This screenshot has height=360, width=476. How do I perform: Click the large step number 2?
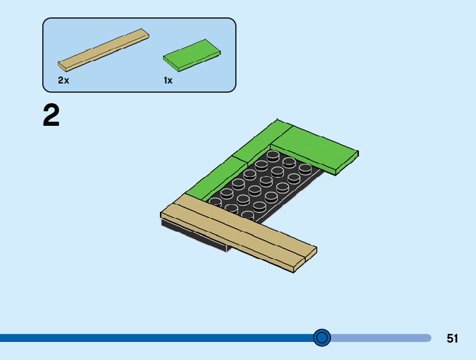(x=51, y=116)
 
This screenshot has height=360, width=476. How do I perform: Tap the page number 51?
(x=452, y=338)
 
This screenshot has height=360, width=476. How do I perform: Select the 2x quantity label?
(x=63, y=80)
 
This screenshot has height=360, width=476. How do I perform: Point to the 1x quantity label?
(x=168, y=80)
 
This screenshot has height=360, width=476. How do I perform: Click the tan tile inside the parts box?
(x=103, y=49)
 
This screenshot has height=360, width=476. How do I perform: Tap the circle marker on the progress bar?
(x=322, y=338)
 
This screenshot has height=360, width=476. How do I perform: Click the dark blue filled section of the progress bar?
(x=156, y=338)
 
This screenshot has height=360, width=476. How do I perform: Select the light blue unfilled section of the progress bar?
(x=380, y=338)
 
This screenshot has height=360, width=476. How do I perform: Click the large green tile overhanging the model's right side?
(x=317, y=149)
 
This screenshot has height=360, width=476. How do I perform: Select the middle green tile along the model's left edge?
(x=233, y=163)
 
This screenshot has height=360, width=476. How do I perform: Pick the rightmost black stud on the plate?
(x=305, y=168)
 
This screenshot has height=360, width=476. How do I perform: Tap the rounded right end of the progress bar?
(x=428, y=338)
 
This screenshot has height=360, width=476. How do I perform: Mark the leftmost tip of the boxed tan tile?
(x=60, y=64)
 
